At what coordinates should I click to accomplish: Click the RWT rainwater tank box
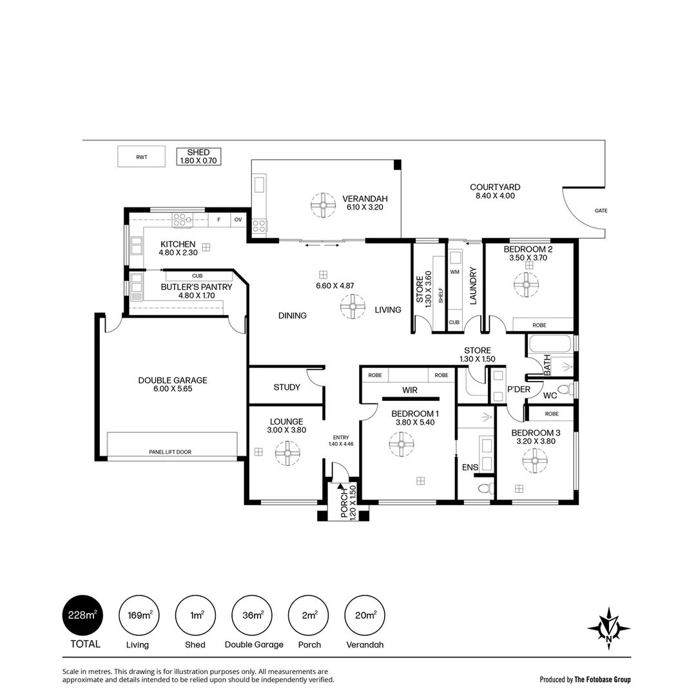141,157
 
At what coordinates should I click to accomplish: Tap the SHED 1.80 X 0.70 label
198,156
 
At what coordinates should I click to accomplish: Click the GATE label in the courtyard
601,211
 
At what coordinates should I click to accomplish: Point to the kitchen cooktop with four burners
182,220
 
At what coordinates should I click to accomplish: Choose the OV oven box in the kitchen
238,220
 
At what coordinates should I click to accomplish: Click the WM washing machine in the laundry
454,273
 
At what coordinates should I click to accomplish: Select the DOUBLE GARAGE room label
173,385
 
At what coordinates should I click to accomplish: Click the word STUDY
287,387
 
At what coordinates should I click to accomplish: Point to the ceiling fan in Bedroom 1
401,444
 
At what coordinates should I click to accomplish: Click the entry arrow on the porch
340,492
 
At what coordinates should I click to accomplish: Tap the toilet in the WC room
565,389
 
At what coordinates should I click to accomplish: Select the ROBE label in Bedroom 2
539,325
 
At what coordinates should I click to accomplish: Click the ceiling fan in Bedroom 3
534,460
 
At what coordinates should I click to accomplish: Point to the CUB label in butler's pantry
197,276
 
